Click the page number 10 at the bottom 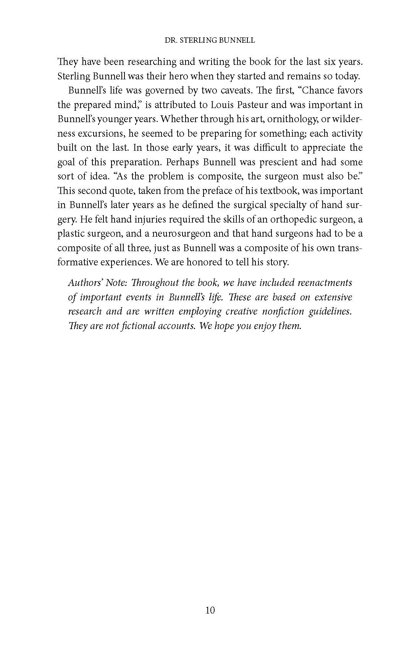[x=210, y=610]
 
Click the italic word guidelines [x=330, y=312]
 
